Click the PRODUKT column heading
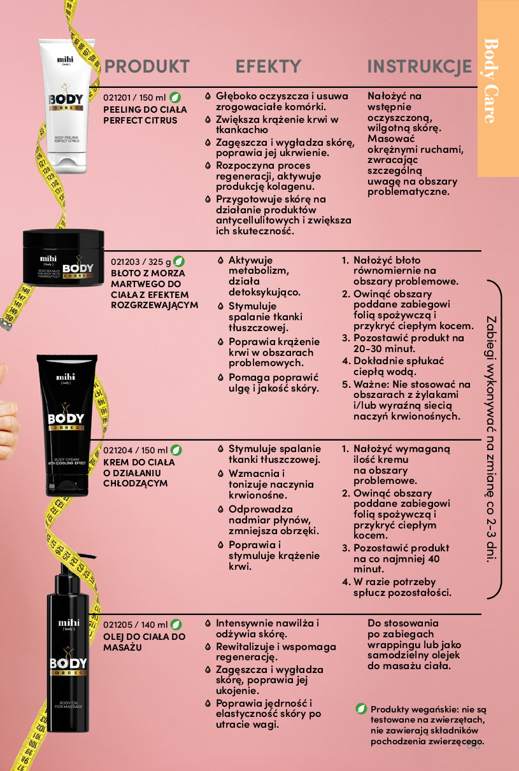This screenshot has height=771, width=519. tap(147, 66)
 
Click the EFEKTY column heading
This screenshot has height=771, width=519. tap(268, 66)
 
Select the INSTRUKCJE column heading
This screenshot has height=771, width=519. tap(419, 66)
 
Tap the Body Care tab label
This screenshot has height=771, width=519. tap(491, 81)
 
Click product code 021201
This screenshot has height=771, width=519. tap(117, 98)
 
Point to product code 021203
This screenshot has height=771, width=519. tap(125, 262)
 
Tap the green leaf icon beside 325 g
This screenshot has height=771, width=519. tap(178, 261)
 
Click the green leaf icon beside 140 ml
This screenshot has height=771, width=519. tap(176, 624)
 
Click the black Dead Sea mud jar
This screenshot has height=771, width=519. tap(63, 257)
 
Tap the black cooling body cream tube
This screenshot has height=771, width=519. tap(67, 425)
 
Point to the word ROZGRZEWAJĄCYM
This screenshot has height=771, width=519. tap(155, 306)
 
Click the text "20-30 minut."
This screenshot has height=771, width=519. tap(384, 349)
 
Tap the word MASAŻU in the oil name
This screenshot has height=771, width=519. tap(122, 647)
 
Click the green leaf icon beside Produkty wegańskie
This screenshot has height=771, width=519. tap(361, 709)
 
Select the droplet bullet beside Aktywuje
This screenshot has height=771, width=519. tap(220, 260)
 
